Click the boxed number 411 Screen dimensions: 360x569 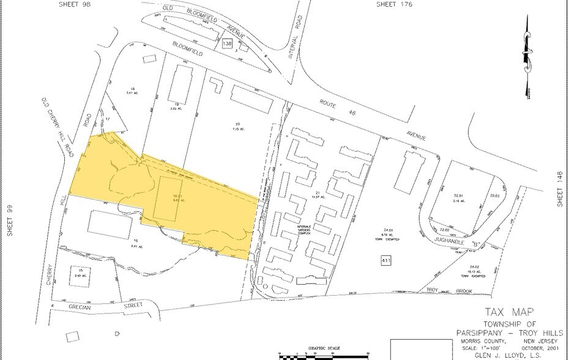click(x=386, y=262)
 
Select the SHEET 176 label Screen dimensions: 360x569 click(x=393, y=4)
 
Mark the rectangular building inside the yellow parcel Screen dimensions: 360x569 click(x=167, y=198)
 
